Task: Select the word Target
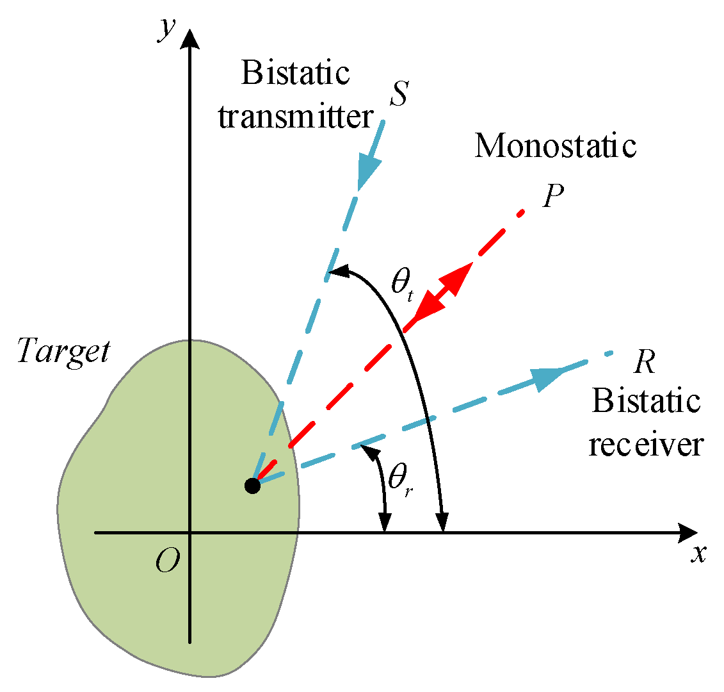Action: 63,352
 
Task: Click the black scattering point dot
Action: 252,486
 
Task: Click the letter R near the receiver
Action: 643,363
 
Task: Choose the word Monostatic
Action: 555,146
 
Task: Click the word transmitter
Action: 296,117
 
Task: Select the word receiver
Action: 646,445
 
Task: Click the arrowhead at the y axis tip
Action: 190,39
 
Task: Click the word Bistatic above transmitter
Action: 296,74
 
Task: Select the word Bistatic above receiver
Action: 646,402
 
